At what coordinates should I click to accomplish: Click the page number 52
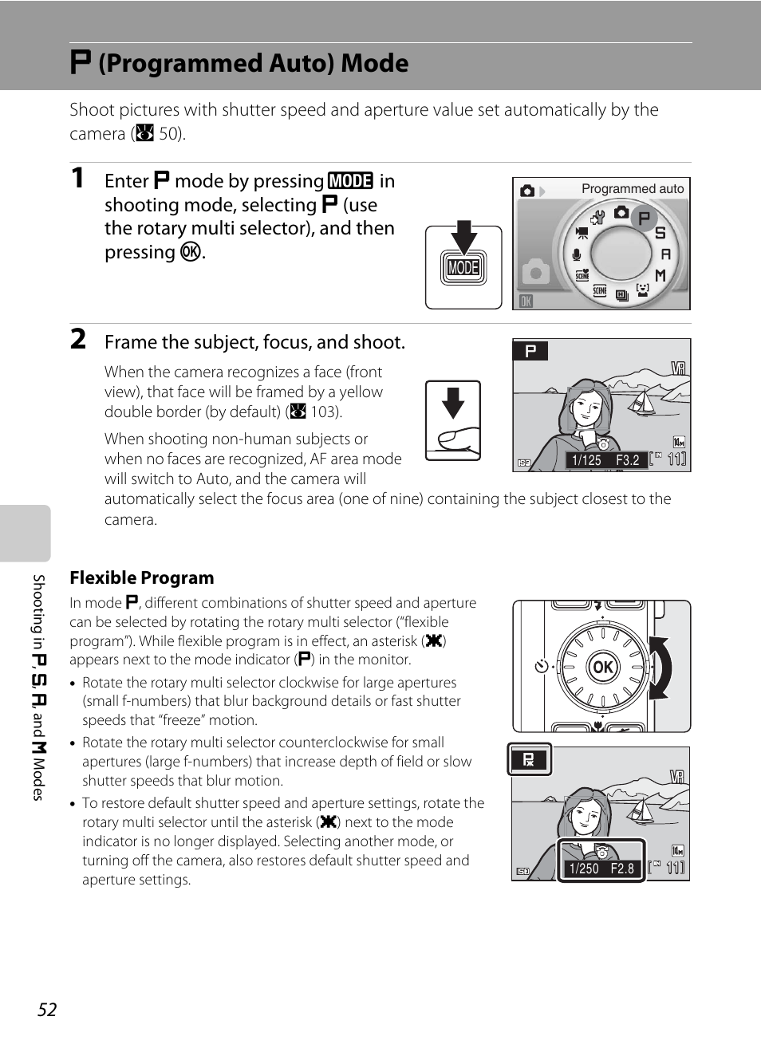click(47, 1010)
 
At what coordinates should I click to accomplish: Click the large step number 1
click(77, 178)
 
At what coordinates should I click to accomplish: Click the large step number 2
click(78, 339)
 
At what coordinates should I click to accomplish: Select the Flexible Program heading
click(142, 577)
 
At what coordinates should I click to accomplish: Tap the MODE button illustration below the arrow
click(463, 267)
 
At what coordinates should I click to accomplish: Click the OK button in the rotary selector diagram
click(602, 667)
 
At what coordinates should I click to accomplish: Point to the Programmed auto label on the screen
click(632, 189)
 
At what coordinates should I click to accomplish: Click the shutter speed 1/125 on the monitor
click(587, 459)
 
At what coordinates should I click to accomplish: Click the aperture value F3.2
click(628, 459)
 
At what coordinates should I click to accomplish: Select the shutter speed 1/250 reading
click(584, 869)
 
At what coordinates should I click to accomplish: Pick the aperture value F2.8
click(623, 869)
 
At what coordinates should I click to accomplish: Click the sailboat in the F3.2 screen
click(642, 402)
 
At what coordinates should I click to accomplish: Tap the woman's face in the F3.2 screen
click(589, 408)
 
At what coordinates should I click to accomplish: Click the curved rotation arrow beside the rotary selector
click(660, 668)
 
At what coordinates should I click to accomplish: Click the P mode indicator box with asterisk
click(529, 759)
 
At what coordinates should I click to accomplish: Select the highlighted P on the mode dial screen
click(644, 218)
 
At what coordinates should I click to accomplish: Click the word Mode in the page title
click(374, 63)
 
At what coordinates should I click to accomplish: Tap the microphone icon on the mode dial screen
click(576, 254)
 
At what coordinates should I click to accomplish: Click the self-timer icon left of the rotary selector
click(541, 666)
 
